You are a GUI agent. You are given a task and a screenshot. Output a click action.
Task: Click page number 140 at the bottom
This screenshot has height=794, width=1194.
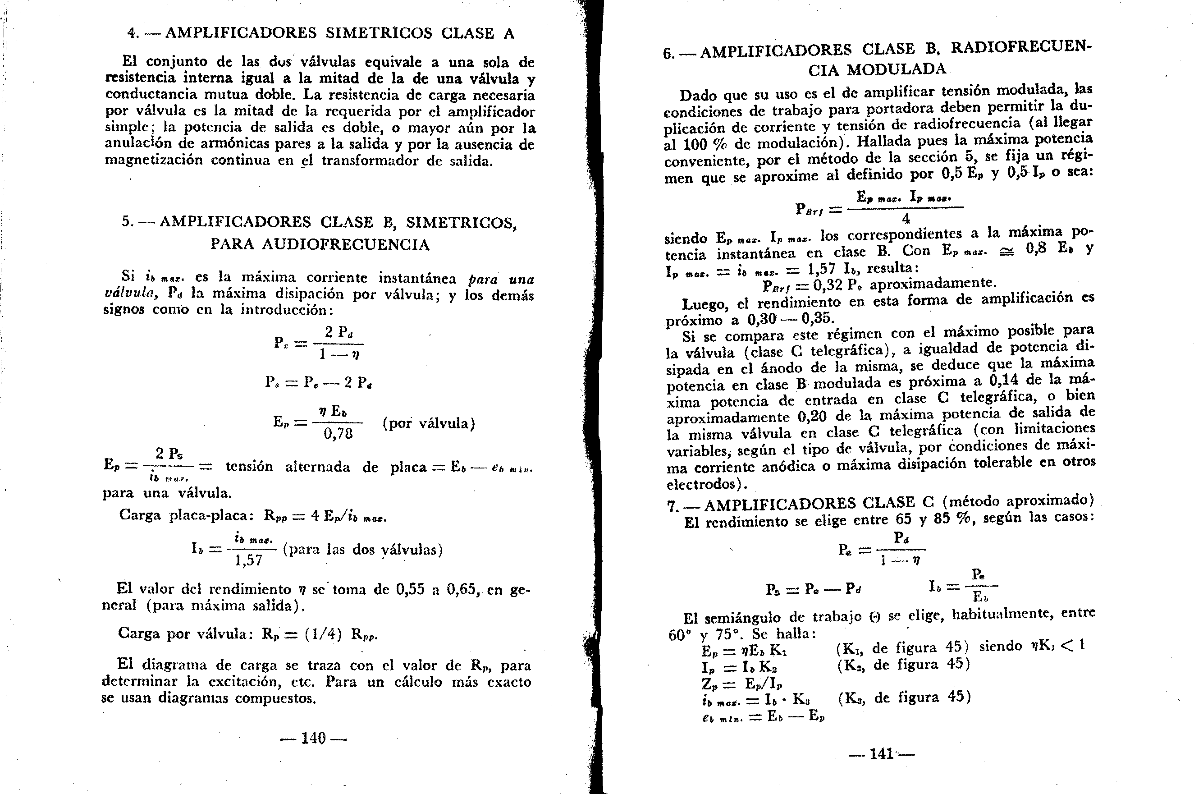[313, 738]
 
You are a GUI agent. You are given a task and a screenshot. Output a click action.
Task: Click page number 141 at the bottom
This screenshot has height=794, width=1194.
[881, 754]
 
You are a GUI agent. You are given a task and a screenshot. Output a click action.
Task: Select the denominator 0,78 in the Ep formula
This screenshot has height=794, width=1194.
[338, 434]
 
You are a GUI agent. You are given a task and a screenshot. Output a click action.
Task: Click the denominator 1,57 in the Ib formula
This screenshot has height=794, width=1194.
[249, 560]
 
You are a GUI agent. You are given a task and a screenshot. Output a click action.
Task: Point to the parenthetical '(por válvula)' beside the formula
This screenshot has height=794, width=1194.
[429, 423]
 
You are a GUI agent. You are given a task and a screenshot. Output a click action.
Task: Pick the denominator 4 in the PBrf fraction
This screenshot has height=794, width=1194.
[906, 219]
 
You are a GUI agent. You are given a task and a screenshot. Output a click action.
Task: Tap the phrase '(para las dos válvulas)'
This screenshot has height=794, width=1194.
[362, 550]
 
